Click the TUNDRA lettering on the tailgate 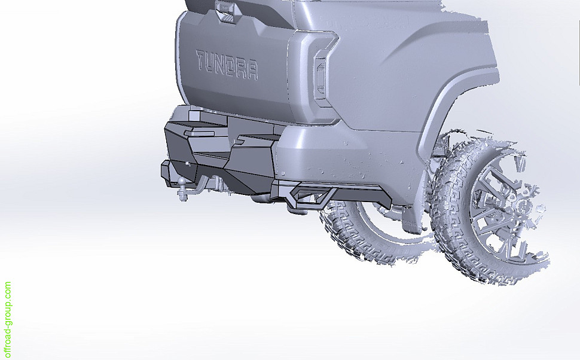(x=227, y=65)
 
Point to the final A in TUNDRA (x=252, y=71)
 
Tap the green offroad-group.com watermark (x=7, y=320)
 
